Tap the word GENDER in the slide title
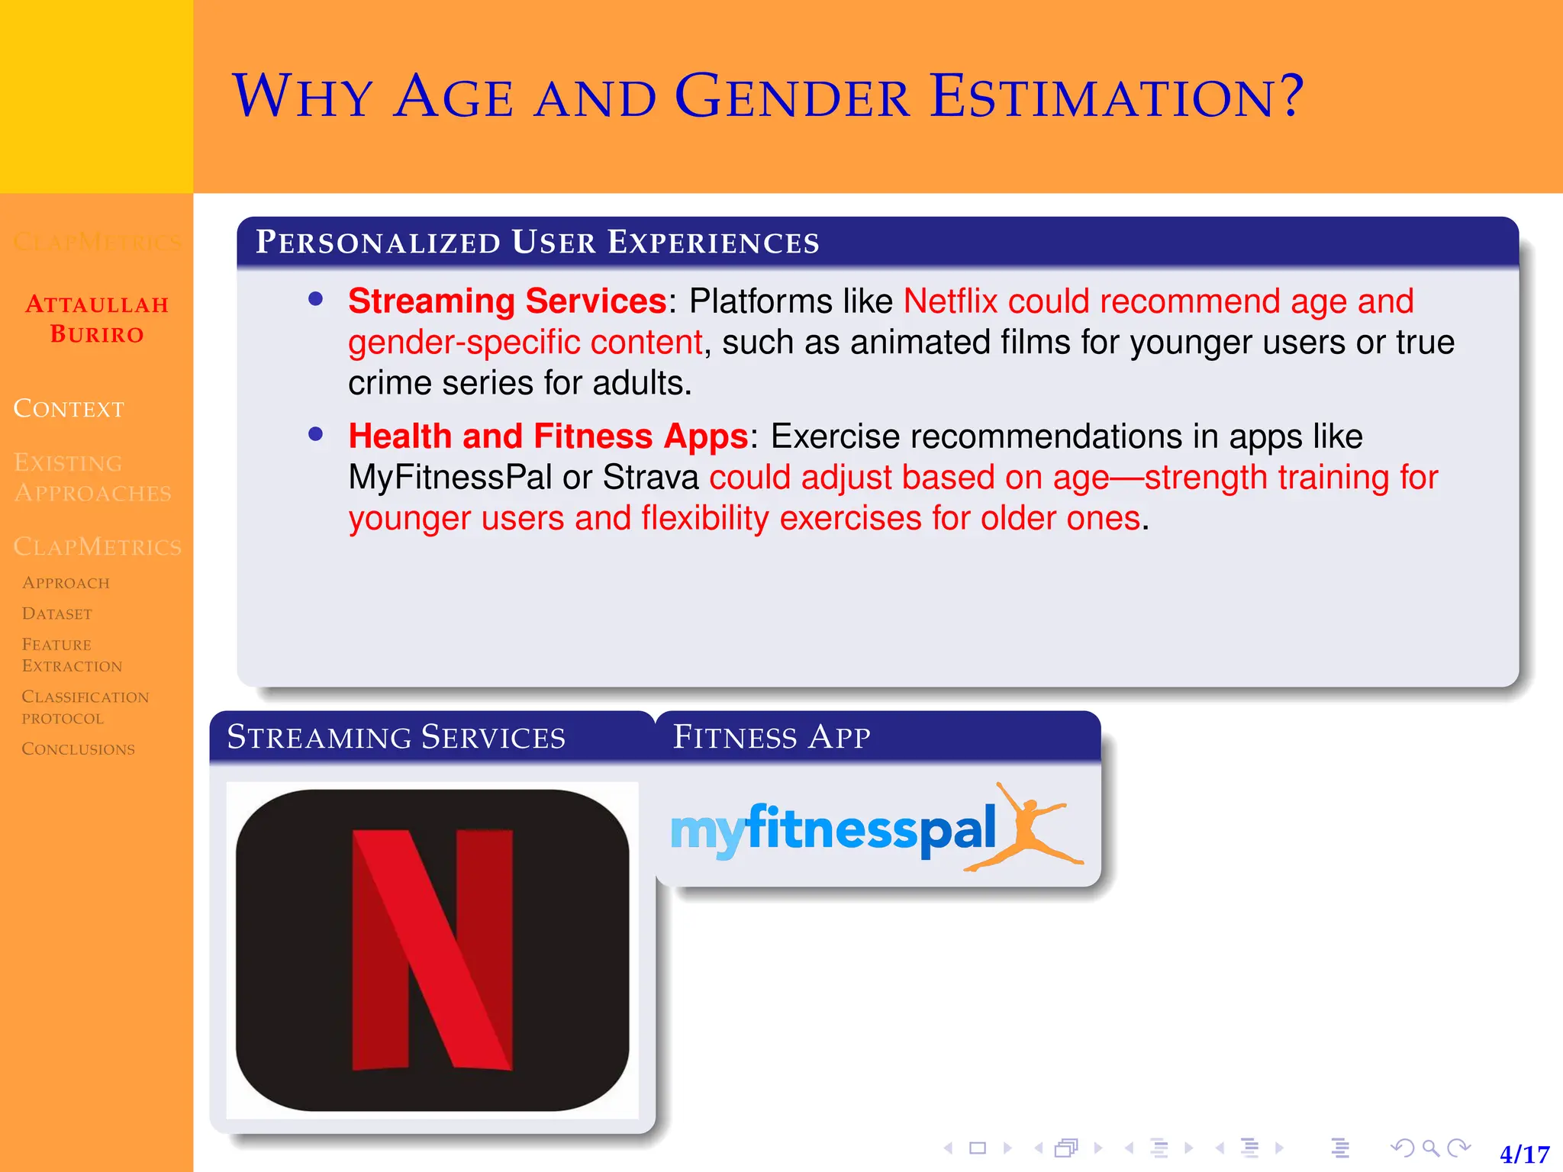click(792, 97)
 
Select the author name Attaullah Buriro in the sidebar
click(97, 319)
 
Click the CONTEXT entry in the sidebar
click(69, 409)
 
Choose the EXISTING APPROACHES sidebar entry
click(92, 478)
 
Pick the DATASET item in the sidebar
click(57, 613)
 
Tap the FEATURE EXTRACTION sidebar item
click(72, 655)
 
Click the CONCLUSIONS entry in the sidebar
click(78, 749)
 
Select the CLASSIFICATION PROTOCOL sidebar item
click(85, 707)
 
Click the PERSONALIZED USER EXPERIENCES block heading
click(537, 242)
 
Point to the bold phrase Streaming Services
click(508, 301)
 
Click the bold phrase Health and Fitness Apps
click(548, 436)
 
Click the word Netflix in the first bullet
click(950, 301)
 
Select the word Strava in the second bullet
click(650, 478)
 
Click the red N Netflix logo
click(432, 949)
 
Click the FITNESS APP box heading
click(771, 737)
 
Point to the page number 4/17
click(1524, 1154)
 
